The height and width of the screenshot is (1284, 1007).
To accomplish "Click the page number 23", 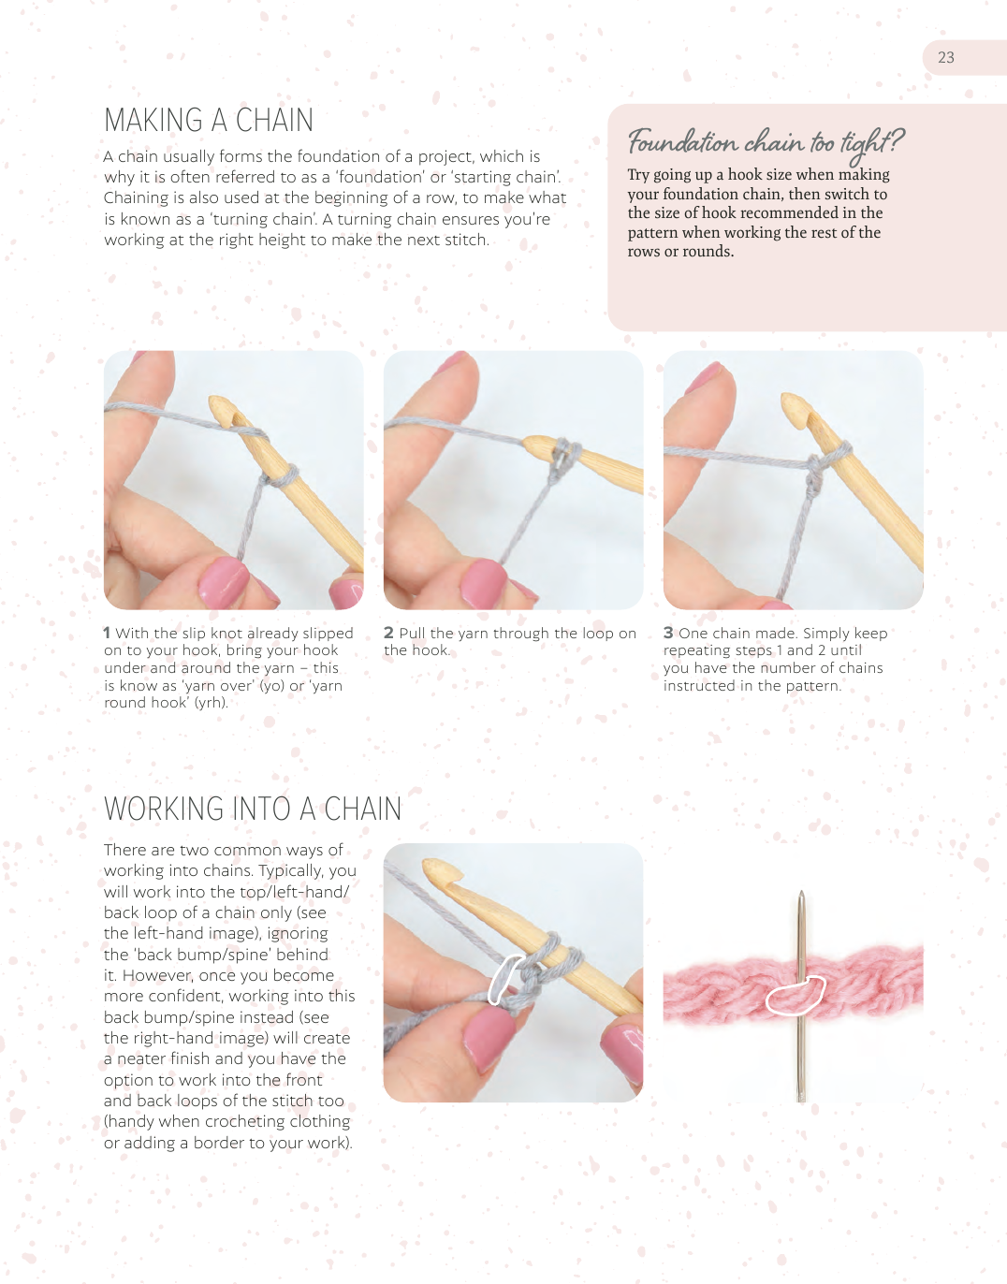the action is (945, 57).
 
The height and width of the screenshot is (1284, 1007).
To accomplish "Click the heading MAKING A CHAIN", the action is (209, 121).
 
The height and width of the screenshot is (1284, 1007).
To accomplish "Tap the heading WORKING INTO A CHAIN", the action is (253, 809).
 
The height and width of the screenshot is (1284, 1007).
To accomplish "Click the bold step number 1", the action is (107, 633).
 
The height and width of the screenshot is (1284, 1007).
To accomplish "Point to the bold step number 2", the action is (388, 633).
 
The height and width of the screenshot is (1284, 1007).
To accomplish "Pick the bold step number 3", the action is (668, 633).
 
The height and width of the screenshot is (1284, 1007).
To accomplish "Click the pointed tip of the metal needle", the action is (801, 892).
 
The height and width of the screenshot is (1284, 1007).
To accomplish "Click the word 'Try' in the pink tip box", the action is (638, 176).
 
